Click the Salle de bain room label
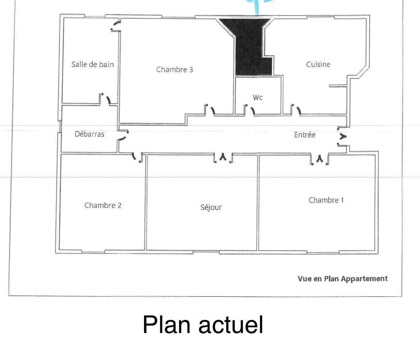tap(92, 64)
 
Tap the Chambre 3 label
tap(174, 70)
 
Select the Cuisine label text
tap(318, 64)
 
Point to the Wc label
tap(257, 97)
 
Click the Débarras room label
tap(89, 134)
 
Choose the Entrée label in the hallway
tap(305, 135)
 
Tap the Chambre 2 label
tap(103, 206)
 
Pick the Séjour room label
tap(211, 207)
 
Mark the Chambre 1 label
tap(326, 200)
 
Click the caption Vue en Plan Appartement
tap(343, 279)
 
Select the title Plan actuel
tap(203, 325)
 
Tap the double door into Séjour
tap(223, 158)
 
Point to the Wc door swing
tap(253, 111)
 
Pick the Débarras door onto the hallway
tap(123, 135)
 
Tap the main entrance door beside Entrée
tap(342, 137)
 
